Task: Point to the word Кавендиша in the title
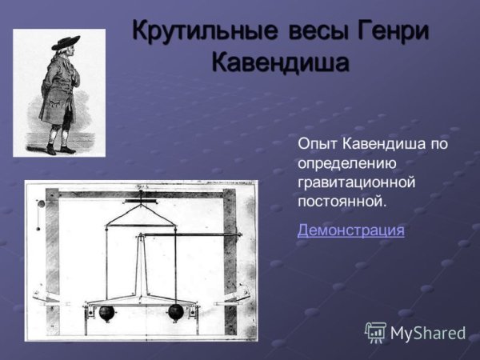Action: [x=280, y=63]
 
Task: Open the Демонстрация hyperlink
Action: [x=350, y=230]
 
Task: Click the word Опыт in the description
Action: [x=318, y=145]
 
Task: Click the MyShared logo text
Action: [x=427, y=333]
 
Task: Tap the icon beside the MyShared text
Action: [x=375, y=332]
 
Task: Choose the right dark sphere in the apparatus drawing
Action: [x=176, y=312]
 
